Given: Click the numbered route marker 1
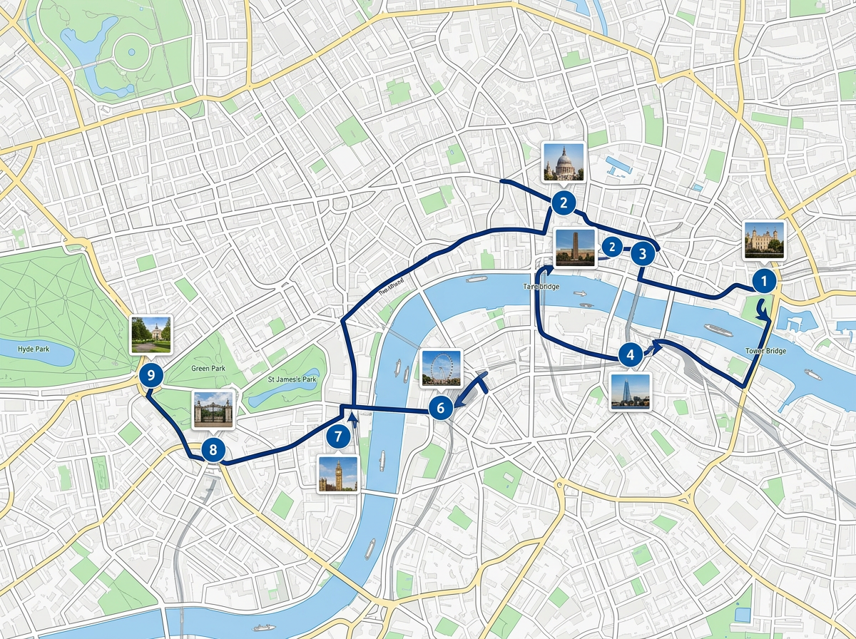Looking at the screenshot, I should tap(764, 282).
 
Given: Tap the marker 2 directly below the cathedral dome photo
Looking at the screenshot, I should tap(564, 203).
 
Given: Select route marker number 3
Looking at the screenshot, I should tap(643, 252).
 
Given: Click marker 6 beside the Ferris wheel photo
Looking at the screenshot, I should tap(441, 408).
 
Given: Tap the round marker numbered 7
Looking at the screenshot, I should tap(339, 436).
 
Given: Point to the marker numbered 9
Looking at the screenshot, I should tap(151, 374).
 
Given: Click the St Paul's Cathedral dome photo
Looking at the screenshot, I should tap(564, 163).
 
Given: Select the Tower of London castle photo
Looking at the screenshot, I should tap(764, 240).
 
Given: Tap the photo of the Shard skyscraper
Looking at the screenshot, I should tap(631, 391).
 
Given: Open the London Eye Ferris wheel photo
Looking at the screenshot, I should tap(442, 368).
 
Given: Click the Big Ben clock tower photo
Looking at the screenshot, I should tap(337, 474).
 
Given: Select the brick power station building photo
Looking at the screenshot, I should tap(575, 247).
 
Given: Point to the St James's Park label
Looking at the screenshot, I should tap(292, 379).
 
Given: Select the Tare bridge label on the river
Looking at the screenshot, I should tap(541, 287).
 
